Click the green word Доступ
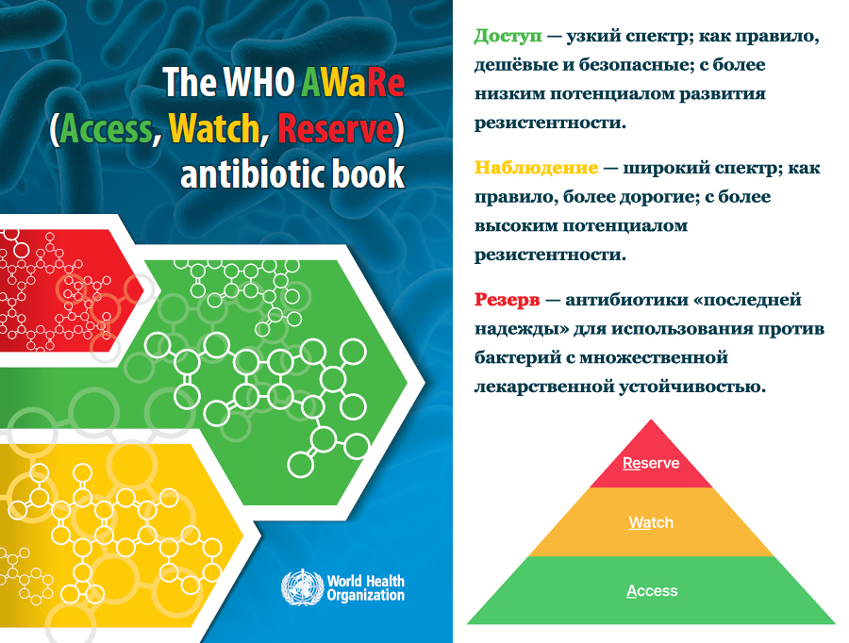point(508,37)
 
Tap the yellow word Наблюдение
point(537,168)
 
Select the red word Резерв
point(507,300)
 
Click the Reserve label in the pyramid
point(651,463)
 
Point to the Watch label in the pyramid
point(651,522)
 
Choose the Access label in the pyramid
point(652,590)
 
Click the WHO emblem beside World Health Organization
point(302,587)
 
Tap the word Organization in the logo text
point(365,595)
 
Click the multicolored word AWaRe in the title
point(353,82)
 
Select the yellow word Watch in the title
point(214,129)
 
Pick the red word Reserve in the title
point(335,129)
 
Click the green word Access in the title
point(106,129)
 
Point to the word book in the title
point(368,174)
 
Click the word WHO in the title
point(258,82)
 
